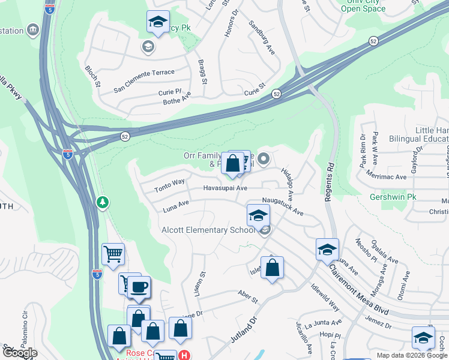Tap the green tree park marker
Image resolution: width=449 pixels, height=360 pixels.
pos(103,202)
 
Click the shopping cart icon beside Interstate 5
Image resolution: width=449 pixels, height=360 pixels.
pos(113,254)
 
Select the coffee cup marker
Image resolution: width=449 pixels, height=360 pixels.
pos(139,287)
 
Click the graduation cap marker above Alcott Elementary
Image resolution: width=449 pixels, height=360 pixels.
pos(258,215)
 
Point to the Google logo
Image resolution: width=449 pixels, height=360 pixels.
pos(19,353)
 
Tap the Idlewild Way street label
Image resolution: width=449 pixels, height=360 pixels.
pos(325,298)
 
